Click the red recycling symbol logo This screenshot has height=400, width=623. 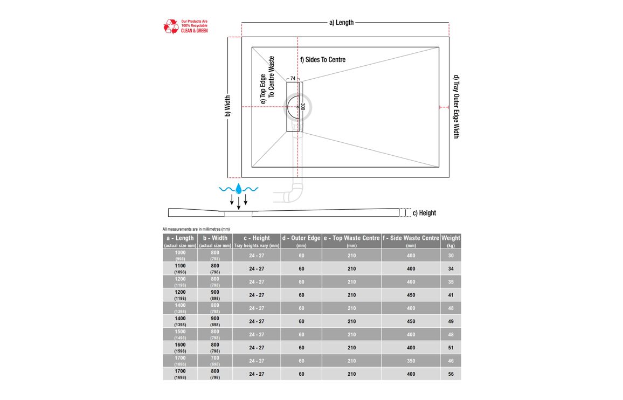[171, 26]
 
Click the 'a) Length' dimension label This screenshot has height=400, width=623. [341, 23]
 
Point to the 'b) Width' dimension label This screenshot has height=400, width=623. [227, 106]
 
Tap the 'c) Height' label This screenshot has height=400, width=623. [424, 213]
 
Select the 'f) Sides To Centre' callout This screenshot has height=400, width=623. [322, 59]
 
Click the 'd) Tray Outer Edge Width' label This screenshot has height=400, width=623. [456, 106]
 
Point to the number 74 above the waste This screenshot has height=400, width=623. [293, 79]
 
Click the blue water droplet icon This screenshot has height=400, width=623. [239, 189]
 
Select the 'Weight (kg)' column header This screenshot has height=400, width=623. [451, 241]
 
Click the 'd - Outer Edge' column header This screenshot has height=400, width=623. [301, 241]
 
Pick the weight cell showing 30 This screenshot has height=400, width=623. [451, 256]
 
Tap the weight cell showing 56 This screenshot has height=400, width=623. [451, 374]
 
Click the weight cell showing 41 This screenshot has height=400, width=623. [451, 295]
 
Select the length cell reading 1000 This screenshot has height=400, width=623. [180, 256]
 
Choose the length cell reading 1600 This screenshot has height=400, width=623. [180, 348]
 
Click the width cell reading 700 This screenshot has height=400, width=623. [215, 361]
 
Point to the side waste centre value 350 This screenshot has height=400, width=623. [411, 361]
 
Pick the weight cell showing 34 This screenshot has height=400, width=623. [451, 268]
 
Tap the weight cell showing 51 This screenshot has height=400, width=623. [451, 348]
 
